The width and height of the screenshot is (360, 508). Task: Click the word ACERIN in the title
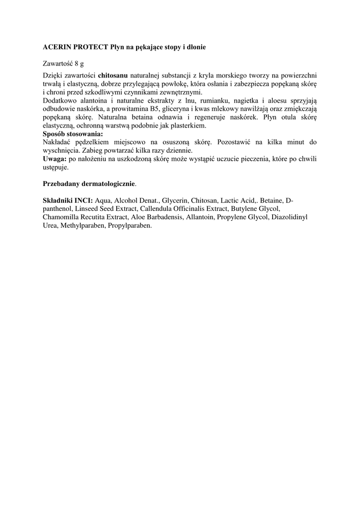[56, 47]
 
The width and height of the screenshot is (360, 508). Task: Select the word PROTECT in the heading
[89, 47]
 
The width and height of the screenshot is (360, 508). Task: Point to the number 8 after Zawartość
[76, 63]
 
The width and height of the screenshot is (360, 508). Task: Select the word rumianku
[212, 101]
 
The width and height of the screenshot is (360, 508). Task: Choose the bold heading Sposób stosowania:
[73, 134]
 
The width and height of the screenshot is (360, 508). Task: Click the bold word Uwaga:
[54, 159]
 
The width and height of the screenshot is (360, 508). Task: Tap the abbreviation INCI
[82, 200]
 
